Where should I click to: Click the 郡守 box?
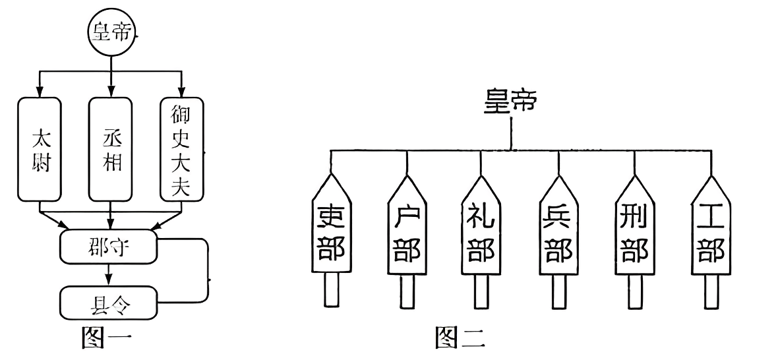coord(109,246)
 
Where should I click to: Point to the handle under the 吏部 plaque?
coord(332,291)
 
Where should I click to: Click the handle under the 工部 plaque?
coord(711,291)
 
